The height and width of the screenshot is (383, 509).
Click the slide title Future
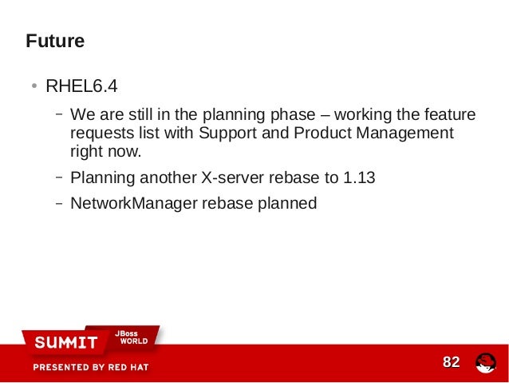[55, 41]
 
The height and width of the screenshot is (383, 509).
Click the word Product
[318, 133]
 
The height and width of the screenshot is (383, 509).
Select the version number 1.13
[359, 178]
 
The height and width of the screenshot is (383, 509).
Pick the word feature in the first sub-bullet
[449, 114]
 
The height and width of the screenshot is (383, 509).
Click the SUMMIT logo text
[66, 342]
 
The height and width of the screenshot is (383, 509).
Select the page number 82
[452, 363]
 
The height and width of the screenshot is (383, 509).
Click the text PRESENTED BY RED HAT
[91, 368]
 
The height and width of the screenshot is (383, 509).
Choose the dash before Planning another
[59, 177]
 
